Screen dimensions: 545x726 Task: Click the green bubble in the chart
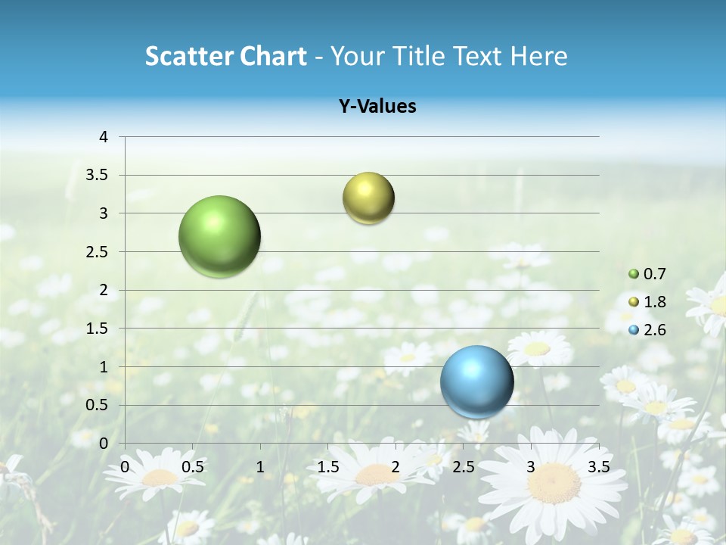coord(219,236)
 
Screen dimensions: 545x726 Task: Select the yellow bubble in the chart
coord(368,198)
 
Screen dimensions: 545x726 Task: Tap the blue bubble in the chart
coord(476,381)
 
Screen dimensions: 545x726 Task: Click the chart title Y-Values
coord(377,107)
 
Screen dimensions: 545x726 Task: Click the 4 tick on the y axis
coord(104,137)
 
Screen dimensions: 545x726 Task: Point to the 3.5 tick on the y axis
coord(99,176)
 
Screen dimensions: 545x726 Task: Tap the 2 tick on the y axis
coord(104,290)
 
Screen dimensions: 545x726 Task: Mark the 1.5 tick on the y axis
coord(99,329)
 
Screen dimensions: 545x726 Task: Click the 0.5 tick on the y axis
coord(99,405)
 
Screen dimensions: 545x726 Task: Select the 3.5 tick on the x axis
coord(598,466)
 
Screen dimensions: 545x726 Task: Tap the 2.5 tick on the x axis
coord(463,466)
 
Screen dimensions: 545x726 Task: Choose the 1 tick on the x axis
coord(260,466)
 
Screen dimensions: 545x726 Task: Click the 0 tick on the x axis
coord(125,466)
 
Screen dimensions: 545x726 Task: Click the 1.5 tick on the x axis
coord(327,466)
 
